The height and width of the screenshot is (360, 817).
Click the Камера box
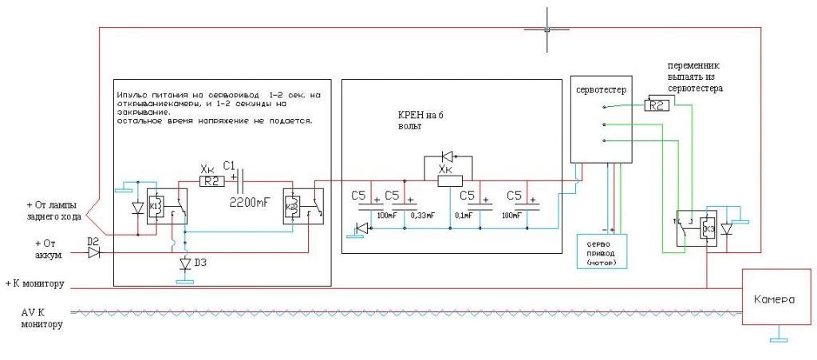772,299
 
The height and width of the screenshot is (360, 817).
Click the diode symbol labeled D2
95,251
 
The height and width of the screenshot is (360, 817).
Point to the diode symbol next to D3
185,264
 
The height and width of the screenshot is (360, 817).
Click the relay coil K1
157,209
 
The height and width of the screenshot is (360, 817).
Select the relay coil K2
292,209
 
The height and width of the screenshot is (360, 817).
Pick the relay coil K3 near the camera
706,228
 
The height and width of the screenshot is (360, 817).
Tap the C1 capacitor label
229,165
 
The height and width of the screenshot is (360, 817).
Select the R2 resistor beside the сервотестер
657,105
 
